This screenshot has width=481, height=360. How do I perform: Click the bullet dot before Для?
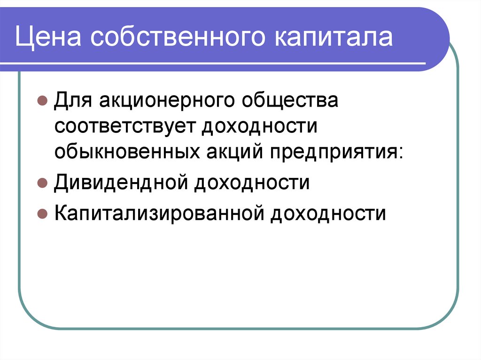tap(42, 101)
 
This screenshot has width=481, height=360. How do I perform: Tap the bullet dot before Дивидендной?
tap(42, 183)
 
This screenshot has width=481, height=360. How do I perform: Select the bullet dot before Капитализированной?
tap(42, 214)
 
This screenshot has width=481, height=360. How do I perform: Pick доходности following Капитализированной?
tap(327, 213)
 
